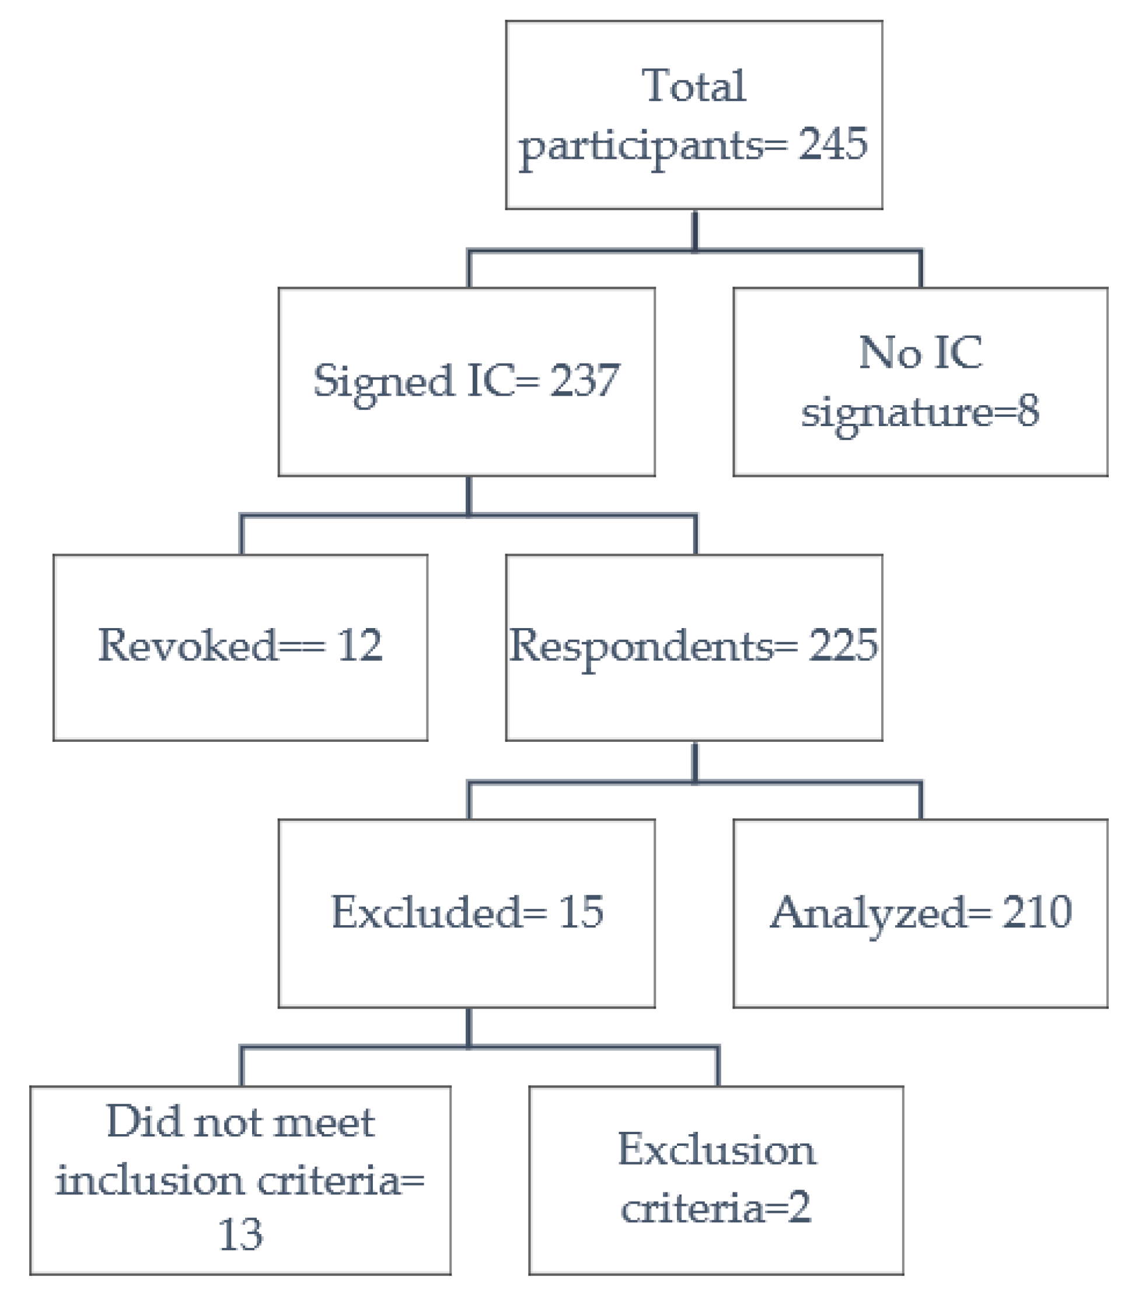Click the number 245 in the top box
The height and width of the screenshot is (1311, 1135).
(x=832, y=145)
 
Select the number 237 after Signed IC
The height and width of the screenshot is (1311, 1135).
(x=584, y=381)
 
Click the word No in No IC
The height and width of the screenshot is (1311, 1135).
(x=889, y=353)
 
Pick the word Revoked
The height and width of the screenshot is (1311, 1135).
(x=187, y=646)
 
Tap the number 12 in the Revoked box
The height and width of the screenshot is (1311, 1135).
(x=359, y=646)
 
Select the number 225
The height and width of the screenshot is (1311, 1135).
(x=843, y=646)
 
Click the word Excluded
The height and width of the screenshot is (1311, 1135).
(x=426, y=912)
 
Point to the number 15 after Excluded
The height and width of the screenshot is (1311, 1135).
(x=580, y=912)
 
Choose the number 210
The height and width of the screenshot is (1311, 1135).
(x=1037, y=912)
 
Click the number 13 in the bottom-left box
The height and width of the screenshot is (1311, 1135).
(x=240, y=1235)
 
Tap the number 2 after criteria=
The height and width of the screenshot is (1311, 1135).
(x=799, y=1208)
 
